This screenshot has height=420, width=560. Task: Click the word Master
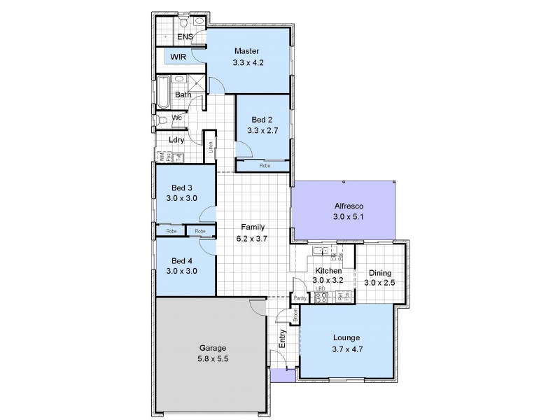tap(247, 51)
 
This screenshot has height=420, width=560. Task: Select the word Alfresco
tap(343, 206)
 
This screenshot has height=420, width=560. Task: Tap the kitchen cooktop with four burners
tap(322, 297)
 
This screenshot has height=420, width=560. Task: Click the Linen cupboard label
tap(209, 149)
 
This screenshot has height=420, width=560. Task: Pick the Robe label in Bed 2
tap(265, 166)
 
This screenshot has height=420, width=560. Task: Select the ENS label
tap(185, 36)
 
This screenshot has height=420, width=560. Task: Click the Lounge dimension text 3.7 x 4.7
tap(348, 347)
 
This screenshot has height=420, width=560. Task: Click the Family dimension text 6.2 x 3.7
tap(252, 238)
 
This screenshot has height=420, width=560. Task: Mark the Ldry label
tap(176, 139)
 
